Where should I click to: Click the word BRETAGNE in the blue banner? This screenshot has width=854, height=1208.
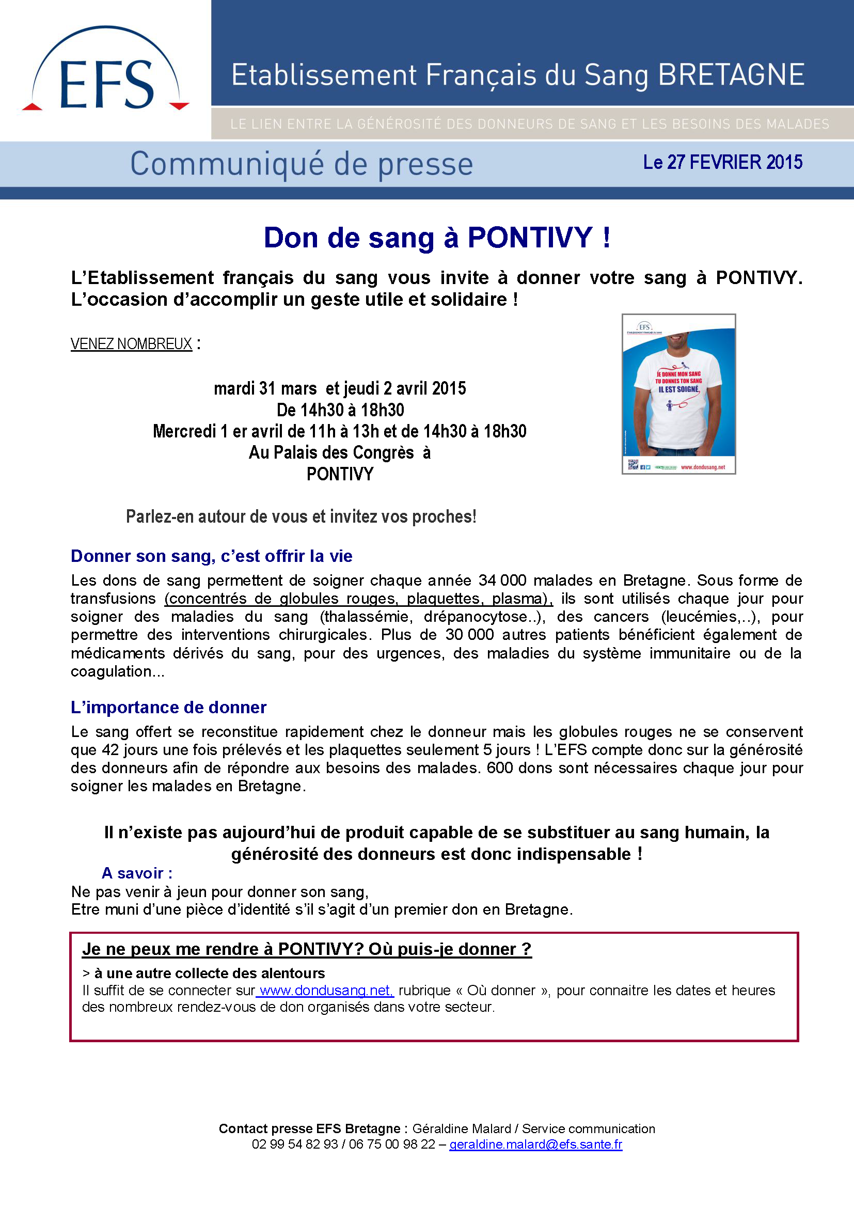731,75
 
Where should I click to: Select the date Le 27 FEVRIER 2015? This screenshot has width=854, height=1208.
722,163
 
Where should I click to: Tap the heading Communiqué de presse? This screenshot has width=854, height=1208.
302,164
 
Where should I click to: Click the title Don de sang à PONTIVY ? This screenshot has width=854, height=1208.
436,238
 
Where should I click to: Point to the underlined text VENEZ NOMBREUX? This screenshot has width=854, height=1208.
132,344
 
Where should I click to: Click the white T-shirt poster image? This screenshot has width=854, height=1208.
678,394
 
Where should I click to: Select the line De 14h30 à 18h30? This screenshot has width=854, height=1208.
340,410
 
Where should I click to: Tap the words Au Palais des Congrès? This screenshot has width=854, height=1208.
331,452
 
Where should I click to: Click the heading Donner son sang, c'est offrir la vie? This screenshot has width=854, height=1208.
211,556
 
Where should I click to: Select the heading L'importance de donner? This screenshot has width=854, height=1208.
168,708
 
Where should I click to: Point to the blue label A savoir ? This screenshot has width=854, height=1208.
137,873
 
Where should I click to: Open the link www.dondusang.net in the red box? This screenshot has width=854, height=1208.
325,991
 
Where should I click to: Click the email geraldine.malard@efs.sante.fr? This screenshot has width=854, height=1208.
535,1144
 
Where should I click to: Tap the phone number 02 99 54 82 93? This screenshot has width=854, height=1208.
294,1144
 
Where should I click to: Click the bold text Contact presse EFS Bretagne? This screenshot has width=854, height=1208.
310,1128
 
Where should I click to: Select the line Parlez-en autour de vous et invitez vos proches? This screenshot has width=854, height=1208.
301,516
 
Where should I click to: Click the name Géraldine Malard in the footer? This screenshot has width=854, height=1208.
461,1128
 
